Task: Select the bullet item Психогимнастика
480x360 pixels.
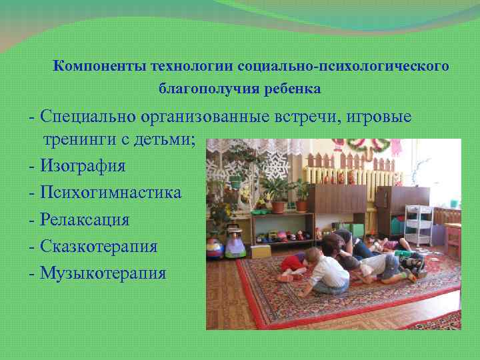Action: click(x=110, y=193)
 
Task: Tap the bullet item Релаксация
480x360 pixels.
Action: click(x=84, y=219)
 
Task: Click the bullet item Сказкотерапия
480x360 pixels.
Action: click(x=98, y=246)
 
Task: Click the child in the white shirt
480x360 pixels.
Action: click(x=326, y=274)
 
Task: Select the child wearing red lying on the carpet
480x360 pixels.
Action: click(x=294, y=263)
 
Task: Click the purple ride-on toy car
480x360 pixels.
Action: click(x=235, y=245)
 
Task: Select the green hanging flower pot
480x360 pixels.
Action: click(x=236, y=179)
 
